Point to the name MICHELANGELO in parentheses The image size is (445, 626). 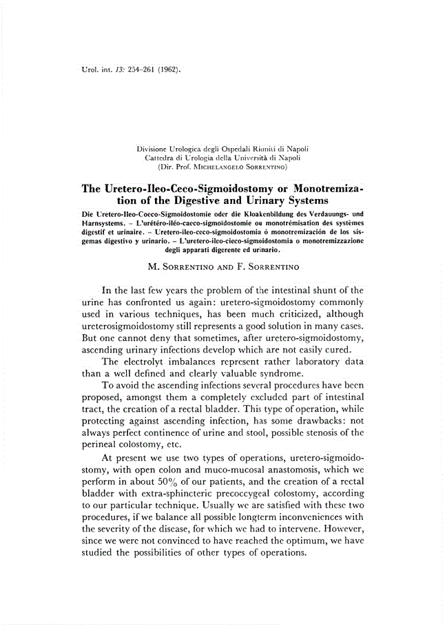[214, 167]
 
